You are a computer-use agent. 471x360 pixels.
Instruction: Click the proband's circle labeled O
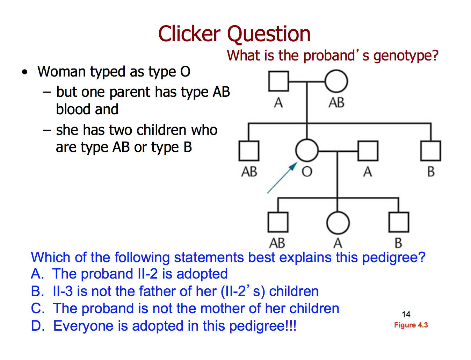307,151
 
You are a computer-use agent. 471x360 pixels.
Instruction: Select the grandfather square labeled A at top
278,81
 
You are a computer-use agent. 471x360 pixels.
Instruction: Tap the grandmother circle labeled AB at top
336,81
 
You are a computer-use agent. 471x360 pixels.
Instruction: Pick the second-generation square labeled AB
249,151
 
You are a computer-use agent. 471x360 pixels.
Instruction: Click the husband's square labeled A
368,151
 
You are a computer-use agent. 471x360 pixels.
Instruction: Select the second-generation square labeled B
430,151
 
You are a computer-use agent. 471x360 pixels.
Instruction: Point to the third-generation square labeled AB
278,222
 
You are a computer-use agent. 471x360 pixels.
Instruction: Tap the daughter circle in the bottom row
338,223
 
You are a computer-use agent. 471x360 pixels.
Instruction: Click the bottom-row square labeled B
398,222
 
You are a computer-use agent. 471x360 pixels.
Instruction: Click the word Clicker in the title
189,34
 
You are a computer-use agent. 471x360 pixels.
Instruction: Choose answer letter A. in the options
37,274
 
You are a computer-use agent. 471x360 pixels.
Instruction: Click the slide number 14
406,315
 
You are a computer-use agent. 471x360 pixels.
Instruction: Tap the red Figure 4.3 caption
411,325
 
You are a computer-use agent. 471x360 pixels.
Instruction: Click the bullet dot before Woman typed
24,72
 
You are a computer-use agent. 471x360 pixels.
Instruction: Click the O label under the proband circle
307,172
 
